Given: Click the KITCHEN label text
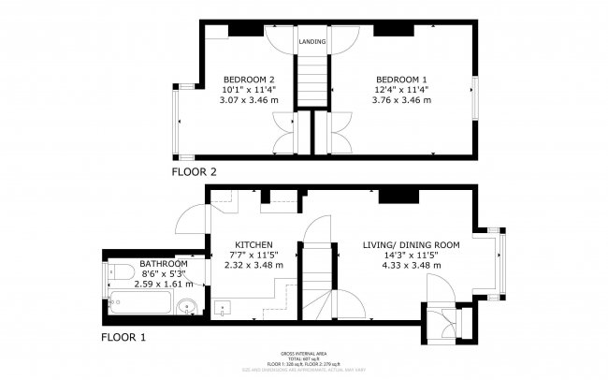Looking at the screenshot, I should pyautogui.click(x=253, y=244).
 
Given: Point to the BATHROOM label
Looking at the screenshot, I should pyautogui.click(x=164, y=263).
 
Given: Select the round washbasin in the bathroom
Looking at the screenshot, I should pyautogui.click(x=187, y=305).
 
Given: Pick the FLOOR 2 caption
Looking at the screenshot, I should pyautogui.click(x=194, y=172).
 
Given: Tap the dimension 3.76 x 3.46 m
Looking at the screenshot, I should pyautogui.click(x=404, y=99).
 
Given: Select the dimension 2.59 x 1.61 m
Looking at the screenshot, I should pyautogui.click(x=164, y=284).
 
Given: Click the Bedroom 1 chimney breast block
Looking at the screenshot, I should pyautogui.click(x=394, y=31).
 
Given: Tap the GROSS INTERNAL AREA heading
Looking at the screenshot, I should pyautogui.click(x=308, y=353).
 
